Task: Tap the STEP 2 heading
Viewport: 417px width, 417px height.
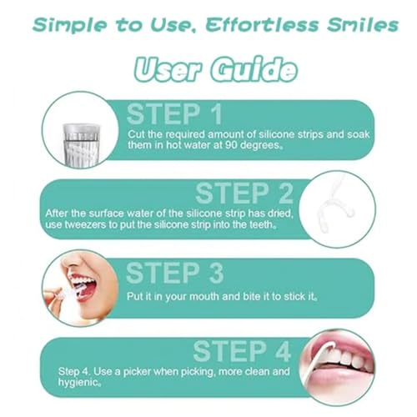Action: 244,193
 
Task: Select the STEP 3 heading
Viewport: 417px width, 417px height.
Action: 175,273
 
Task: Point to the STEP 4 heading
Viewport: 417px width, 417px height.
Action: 241,351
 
